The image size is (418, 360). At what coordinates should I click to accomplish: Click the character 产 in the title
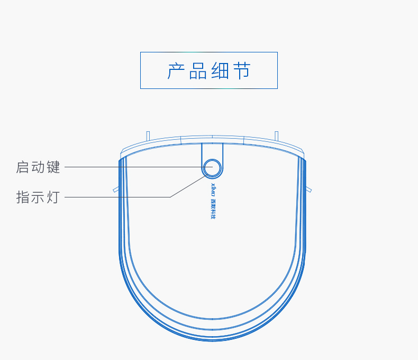coord(177,71)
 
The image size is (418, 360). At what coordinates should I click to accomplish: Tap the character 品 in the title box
coord(198,71)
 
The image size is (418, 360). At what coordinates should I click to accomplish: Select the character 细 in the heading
coord(220,71)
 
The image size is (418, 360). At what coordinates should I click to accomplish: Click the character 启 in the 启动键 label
coord(23,167)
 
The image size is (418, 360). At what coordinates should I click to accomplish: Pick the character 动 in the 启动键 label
coord(38,167)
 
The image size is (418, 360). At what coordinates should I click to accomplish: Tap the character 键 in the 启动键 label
coord(53,167)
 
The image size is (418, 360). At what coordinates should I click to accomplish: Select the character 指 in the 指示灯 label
coord(23,197)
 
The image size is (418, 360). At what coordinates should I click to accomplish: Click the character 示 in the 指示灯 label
coord(38,197)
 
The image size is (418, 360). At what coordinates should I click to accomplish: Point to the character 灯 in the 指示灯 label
coord(53,197)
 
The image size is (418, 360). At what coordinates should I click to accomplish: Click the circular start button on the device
coord(212,167)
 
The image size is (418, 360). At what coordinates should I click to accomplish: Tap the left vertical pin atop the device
coord(148,136)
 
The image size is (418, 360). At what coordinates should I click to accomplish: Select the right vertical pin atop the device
coord(276,136)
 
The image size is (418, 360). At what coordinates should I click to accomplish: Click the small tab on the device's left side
coord(116,189)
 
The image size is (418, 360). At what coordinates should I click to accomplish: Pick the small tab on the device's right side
coord(308,189)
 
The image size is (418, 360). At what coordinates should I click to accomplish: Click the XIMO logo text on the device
coord(213,188)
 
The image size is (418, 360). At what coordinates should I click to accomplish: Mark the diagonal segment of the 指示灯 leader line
coord(188,186)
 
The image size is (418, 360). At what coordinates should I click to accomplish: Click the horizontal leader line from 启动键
coord(132,167)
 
